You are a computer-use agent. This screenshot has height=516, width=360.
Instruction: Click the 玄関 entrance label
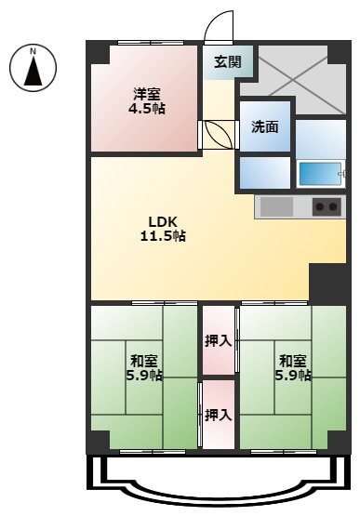(228, 61)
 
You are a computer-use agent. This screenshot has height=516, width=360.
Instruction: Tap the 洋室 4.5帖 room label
(147, 101)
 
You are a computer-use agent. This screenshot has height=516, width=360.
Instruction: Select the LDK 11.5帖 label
(163, 229)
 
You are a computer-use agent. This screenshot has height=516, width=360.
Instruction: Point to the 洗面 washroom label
(265, 126)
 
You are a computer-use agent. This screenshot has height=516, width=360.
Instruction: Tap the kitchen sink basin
(276, 207)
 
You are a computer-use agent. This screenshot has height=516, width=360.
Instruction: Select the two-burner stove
(327, 206)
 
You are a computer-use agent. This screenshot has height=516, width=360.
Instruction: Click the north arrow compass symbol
(33, 69)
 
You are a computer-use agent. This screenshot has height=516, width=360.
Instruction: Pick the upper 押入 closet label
(219, 341)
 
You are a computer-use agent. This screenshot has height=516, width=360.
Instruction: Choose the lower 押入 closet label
(219, 415)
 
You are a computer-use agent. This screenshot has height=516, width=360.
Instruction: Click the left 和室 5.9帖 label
(144, 368)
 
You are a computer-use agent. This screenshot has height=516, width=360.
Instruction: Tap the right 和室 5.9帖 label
(293, 368)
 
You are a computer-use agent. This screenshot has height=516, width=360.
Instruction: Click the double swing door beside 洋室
(219, 135)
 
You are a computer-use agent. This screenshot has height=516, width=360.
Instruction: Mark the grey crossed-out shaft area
(293, 80)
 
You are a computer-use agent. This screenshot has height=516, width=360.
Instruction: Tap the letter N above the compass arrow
(33, 51)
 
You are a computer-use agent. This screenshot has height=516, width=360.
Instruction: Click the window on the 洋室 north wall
(151, 43)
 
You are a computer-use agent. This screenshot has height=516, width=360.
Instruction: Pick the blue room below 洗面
(265, 173)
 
